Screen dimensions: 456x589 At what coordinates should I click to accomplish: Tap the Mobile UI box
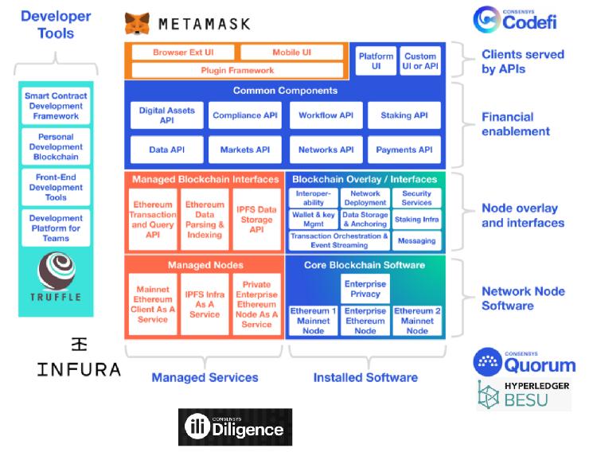291,53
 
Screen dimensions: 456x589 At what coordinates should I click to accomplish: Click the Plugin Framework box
236,71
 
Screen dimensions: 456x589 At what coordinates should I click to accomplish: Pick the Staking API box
404,115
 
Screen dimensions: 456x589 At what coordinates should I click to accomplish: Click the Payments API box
404,150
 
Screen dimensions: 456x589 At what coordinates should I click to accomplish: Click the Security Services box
416,198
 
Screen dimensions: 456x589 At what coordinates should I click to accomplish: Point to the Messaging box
416,241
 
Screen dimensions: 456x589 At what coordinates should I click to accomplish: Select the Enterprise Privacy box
365,289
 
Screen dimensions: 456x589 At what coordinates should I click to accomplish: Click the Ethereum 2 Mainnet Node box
417,321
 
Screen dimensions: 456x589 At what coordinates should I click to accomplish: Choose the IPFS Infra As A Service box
205,304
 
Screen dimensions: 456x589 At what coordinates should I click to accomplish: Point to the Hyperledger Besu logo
524,395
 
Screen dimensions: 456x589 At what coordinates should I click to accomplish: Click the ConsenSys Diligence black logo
235,427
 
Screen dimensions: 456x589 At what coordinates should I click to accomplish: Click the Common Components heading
285,92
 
